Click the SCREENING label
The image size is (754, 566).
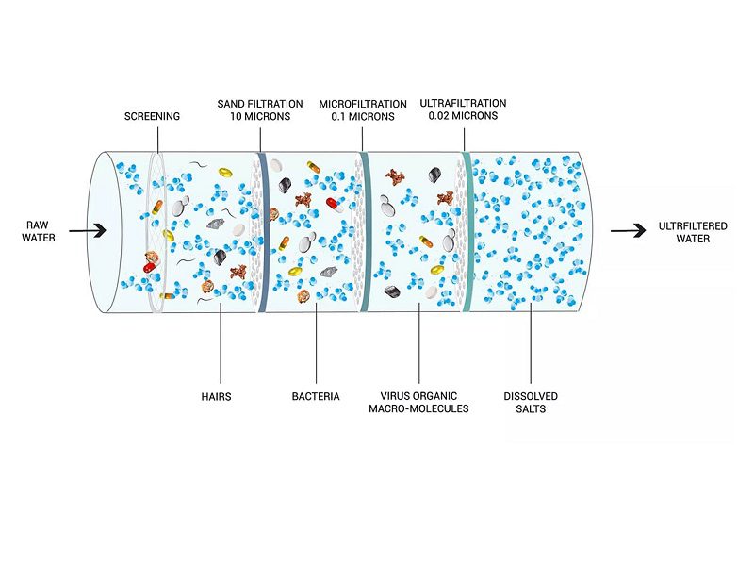click(152, 116)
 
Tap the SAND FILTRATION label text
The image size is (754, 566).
click(260, 102)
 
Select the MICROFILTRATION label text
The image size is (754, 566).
click(361, 102)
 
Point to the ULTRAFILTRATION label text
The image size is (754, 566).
click(464, 102)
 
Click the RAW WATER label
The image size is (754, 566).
click(41, 231)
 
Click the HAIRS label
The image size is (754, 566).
click(216, 397)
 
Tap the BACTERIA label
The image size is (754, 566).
click(316, 397)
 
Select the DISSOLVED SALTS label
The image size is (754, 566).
click(532, 403)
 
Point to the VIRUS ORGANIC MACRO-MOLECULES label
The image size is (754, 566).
click(418, 403)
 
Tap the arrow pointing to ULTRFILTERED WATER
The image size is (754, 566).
click(625, 231)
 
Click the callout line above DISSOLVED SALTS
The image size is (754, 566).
click(532, 349)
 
